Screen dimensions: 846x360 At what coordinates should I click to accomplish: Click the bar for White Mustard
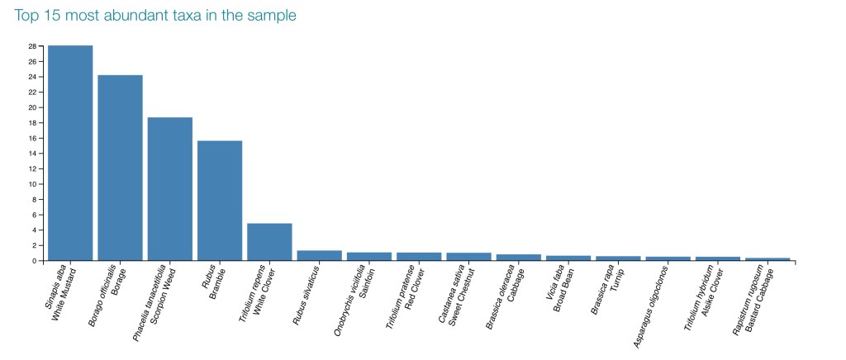(x=70, y=153)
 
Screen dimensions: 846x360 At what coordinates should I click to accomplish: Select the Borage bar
(x=120, y=168)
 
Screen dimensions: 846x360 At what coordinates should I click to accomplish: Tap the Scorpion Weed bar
(x=170, y=188)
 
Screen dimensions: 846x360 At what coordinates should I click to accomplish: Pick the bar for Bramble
(x=220, y=201)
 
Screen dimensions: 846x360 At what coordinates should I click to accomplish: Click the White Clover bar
(x=269, y=242)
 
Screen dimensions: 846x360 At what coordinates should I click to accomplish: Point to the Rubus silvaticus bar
(x=320, y=255)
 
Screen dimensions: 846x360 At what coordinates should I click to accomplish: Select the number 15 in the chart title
(x=55, y=15)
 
